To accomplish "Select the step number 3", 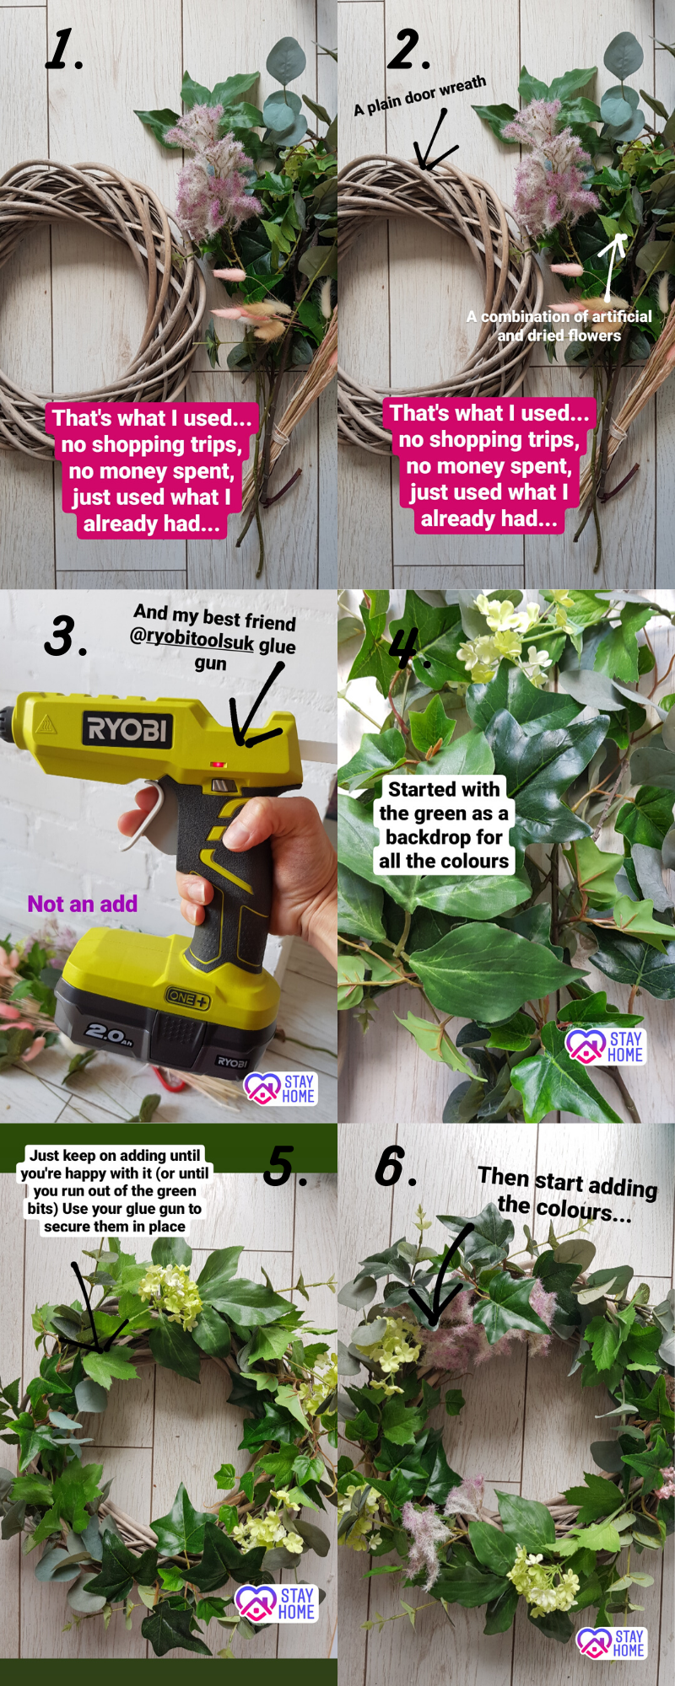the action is [65, 636].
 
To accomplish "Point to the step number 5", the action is [284, 1166].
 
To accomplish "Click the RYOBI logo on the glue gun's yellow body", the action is [127, 728].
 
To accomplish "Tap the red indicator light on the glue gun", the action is [218, 765].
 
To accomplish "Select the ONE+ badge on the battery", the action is [186, 998].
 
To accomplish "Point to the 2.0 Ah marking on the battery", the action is [109, 1033].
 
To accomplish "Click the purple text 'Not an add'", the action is [83, 904].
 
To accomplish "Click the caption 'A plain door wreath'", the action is [420, 95].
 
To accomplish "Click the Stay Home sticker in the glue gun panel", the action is [279, 1088].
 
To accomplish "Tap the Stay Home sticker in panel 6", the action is [612, 1642].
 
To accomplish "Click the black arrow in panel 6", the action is [442, 1274].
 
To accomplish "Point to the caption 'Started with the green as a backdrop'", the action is [444, 824].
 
